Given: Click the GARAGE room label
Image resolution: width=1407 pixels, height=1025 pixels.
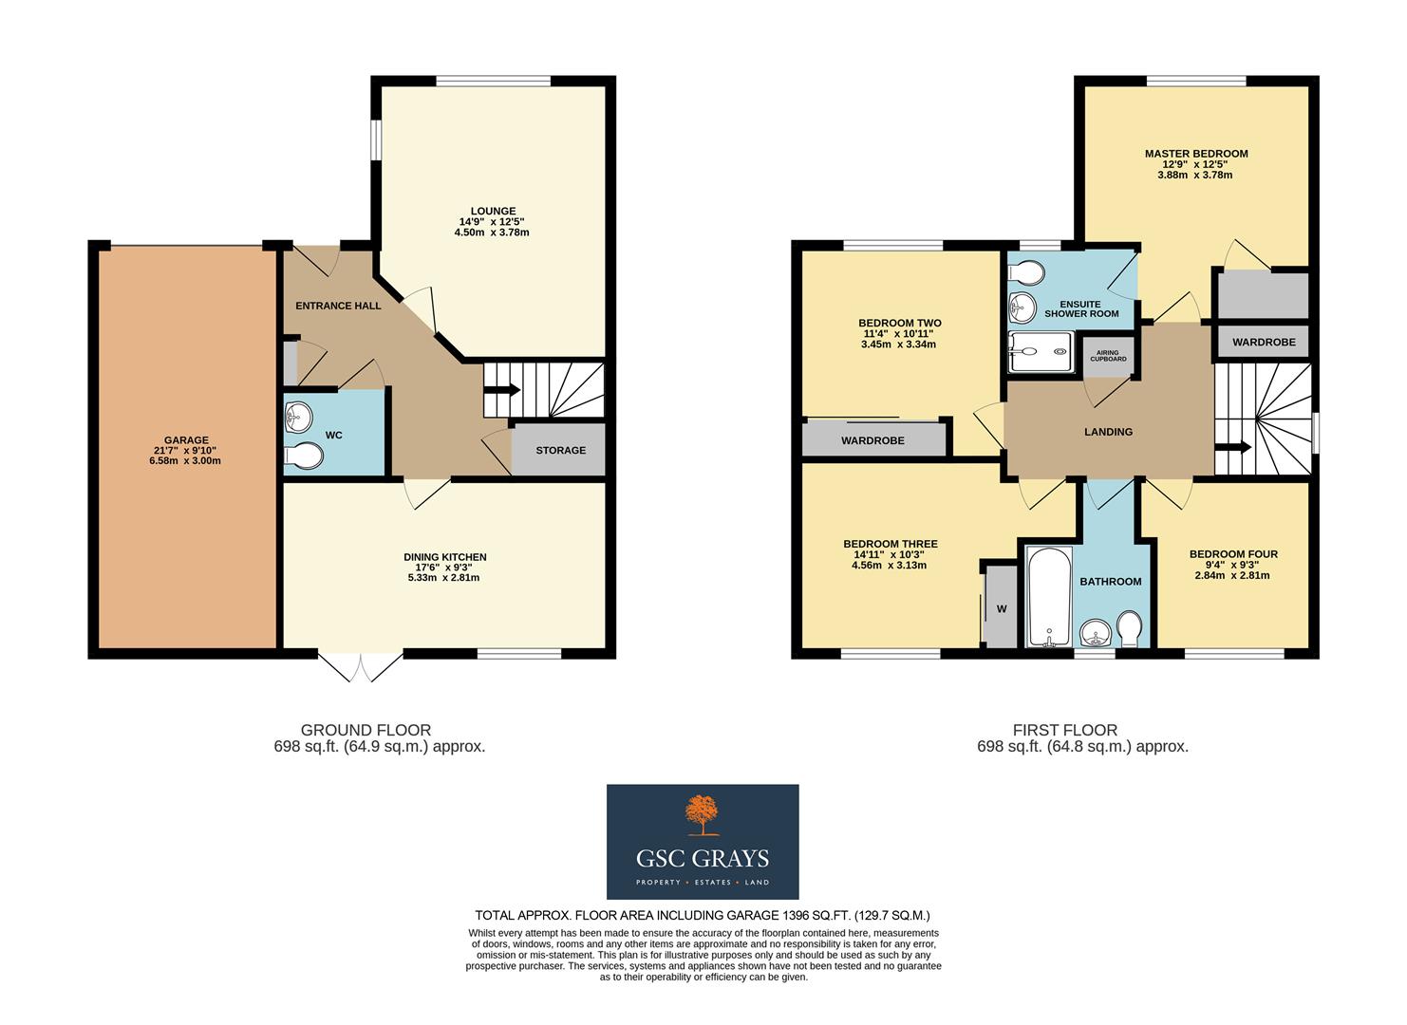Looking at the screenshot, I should coord(186,440).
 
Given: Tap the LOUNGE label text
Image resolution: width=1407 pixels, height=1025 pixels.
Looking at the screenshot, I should coord(493,212).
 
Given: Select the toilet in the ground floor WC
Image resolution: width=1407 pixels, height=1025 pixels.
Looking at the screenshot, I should coord(303,457).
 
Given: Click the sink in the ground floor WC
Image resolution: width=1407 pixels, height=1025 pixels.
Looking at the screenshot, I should coord(299,416).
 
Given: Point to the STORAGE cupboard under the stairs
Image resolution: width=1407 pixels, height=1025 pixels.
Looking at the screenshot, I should coord(559,450).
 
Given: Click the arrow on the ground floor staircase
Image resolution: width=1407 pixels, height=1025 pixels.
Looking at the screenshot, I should coord(501,389).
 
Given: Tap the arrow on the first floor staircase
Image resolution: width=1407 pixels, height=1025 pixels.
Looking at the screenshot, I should coord(1233,448).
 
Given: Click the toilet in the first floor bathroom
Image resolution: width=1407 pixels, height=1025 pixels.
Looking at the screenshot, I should coord(1130,628).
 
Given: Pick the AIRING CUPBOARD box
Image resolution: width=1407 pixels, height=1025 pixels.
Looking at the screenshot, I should coord(1106,356).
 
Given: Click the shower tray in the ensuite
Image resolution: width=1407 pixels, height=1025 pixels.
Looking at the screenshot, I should coord(1041,351).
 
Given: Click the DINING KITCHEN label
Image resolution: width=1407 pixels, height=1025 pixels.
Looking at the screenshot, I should coord(444,557).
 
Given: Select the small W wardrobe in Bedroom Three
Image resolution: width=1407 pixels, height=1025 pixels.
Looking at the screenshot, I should coord(1001,608).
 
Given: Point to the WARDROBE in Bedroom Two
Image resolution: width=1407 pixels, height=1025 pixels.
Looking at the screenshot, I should coord(872,440).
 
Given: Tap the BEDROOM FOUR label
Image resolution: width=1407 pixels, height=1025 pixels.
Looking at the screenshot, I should coord(1232,554).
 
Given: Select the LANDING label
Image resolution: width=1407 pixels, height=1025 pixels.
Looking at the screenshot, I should coord(1108,432).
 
